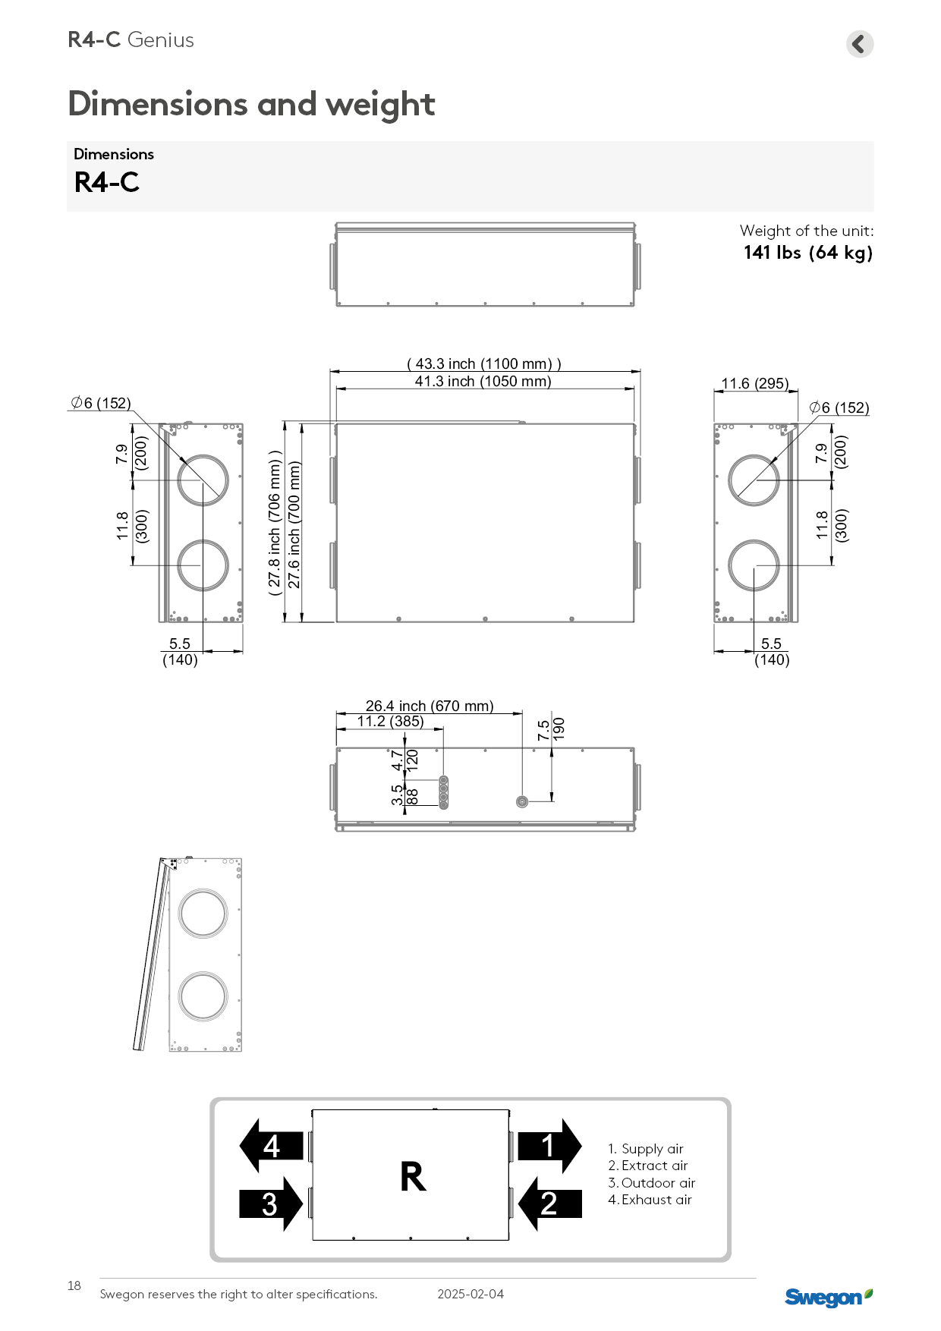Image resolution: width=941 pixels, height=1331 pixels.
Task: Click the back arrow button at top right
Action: point(860,44)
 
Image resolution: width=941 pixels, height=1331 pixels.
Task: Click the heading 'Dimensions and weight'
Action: point(251,104)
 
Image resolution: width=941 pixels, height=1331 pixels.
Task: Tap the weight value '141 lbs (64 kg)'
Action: point(808,253)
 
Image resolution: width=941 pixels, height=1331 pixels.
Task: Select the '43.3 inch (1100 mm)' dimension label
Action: point(484,363)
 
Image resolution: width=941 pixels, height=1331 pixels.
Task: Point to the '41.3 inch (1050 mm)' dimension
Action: point(483,381)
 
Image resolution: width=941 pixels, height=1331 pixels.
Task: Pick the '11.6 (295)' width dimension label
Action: point(755,383)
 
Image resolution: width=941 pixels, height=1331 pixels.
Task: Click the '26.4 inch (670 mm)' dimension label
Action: point(430,706)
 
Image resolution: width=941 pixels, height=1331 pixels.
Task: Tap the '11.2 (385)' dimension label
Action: point(390,721)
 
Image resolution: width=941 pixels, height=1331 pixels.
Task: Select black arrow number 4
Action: point(271,1146)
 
